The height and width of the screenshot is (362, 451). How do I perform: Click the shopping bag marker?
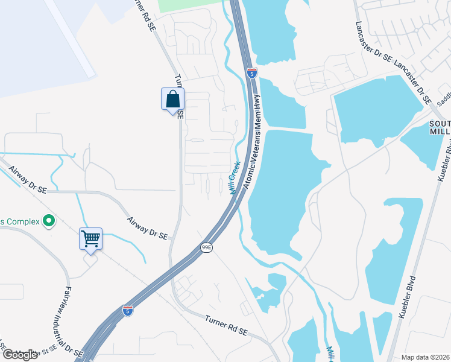point(172,100)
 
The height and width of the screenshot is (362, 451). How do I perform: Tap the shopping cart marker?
point(90,239)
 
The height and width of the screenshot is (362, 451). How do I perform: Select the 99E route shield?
point(206,248)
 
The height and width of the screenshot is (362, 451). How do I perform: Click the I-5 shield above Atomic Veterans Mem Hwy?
point(252,73)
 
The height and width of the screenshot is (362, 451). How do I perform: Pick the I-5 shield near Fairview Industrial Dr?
point(128,310)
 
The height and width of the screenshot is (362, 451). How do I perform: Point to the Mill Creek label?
point(234,177)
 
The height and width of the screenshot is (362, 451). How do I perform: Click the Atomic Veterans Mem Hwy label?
point(254,143)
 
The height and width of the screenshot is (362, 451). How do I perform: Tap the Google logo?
point(20,355)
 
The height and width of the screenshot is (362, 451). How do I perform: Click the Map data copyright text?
point(426,357)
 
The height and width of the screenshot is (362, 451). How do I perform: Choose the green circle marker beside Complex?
point(49,221)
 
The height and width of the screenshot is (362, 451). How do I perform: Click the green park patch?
point(190,5)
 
